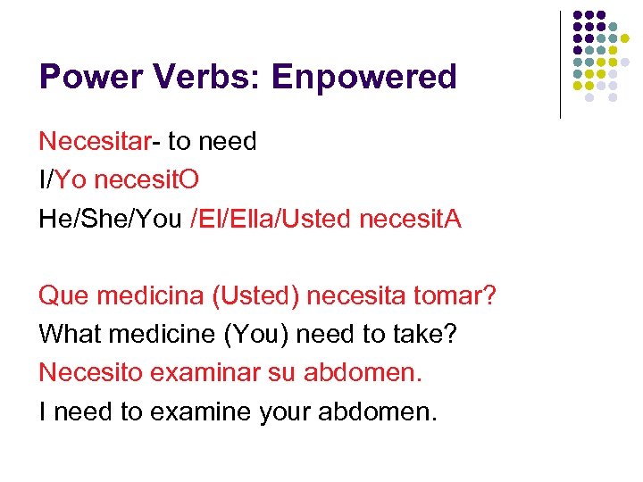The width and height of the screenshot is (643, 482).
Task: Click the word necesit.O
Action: [x=146, y=179]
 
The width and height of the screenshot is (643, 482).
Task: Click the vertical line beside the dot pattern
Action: [x=560, y=64]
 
